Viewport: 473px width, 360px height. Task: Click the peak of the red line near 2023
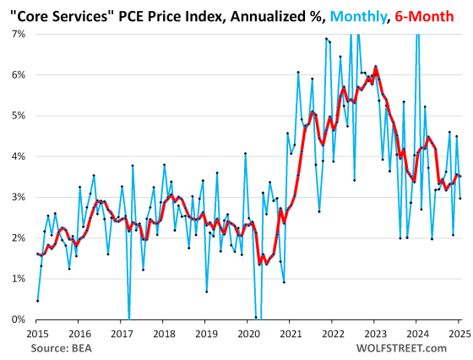[x=376, y=68]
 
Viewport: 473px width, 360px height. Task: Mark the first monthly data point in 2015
[x=37, y=301]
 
